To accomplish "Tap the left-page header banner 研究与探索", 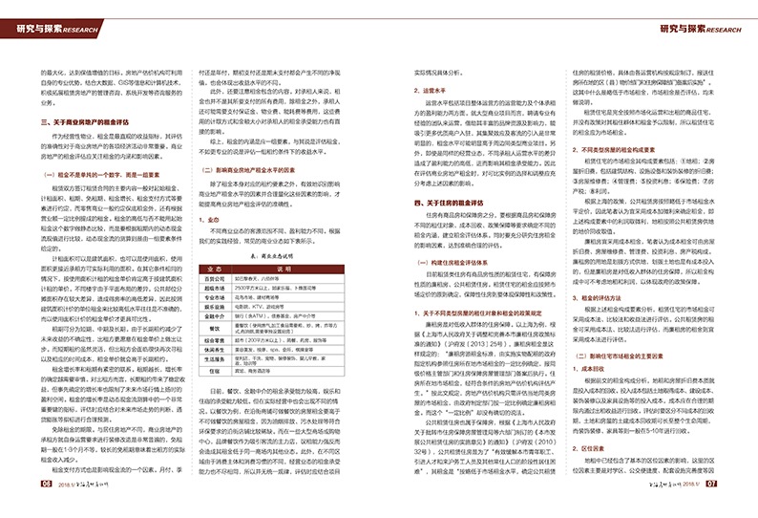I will (57, 30).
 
